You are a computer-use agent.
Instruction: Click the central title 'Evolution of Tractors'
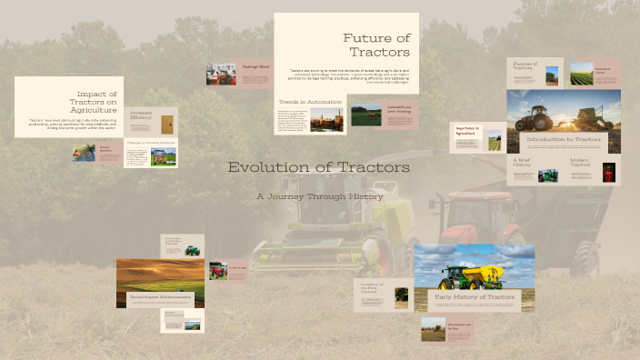tap(318, 167)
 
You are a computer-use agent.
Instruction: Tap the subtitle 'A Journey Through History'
tap(319, 195)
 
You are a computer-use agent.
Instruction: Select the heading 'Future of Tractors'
tap(377, 45)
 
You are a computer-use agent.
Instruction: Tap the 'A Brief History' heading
tap(521, 163)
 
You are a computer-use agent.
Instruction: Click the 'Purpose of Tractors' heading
tap(525, 66)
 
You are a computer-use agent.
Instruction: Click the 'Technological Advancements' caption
tap(159, 296)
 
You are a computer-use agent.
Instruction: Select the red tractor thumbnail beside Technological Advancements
tap(218, 270)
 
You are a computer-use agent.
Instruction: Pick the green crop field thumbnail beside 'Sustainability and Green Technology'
tap(366, 116)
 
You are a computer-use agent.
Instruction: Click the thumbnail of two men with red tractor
tap(221, 74)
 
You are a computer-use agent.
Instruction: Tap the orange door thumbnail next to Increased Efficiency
tap(165, 125)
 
